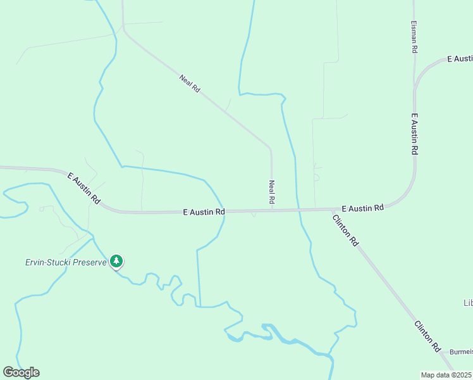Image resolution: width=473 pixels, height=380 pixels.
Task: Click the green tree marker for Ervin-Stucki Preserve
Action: [116, 261]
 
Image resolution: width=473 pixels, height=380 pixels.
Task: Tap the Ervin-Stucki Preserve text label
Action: [66, 262]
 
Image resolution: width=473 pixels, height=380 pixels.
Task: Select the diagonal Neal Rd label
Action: [190, 84]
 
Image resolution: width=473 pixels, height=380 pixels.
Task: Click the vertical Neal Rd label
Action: [271, 192]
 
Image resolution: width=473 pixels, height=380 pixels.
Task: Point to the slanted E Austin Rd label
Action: [84, 188]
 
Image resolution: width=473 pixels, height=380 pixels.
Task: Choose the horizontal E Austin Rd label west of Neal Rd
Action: [204, 212]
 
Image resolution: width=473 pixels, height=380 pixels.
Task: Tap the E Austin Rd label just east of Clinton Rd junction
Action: [362, 208]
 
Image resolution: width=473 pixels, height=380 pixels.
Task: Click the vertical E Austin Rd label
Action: [415, 134]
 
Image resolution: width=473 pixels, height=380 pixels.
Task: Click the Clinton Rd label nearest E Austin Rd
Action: [345, 230]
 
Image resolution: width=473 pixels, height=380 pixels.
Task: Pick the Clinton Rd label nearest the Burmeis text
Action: [427, 336]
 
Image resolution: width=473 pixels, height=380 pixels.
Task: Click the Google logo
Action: [21, 372]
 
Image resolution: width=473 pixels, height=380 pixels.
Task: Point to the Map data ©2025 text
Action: [446, 375]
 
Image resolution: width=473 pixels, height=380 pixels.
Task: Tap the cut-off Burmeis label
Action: [461, 351]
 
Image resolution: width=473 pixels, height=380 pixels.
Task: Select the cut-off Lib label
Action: [468, 303]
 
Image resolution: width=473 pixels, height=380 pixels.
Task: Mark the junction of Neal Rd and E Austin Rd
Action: [272, 210]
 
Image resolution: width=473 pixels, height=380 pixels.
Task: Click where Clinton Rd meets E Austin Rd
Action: [333, 209]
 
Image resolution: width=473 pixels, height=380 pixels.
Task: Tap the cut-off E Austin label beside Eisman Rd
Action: [460, 59]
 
